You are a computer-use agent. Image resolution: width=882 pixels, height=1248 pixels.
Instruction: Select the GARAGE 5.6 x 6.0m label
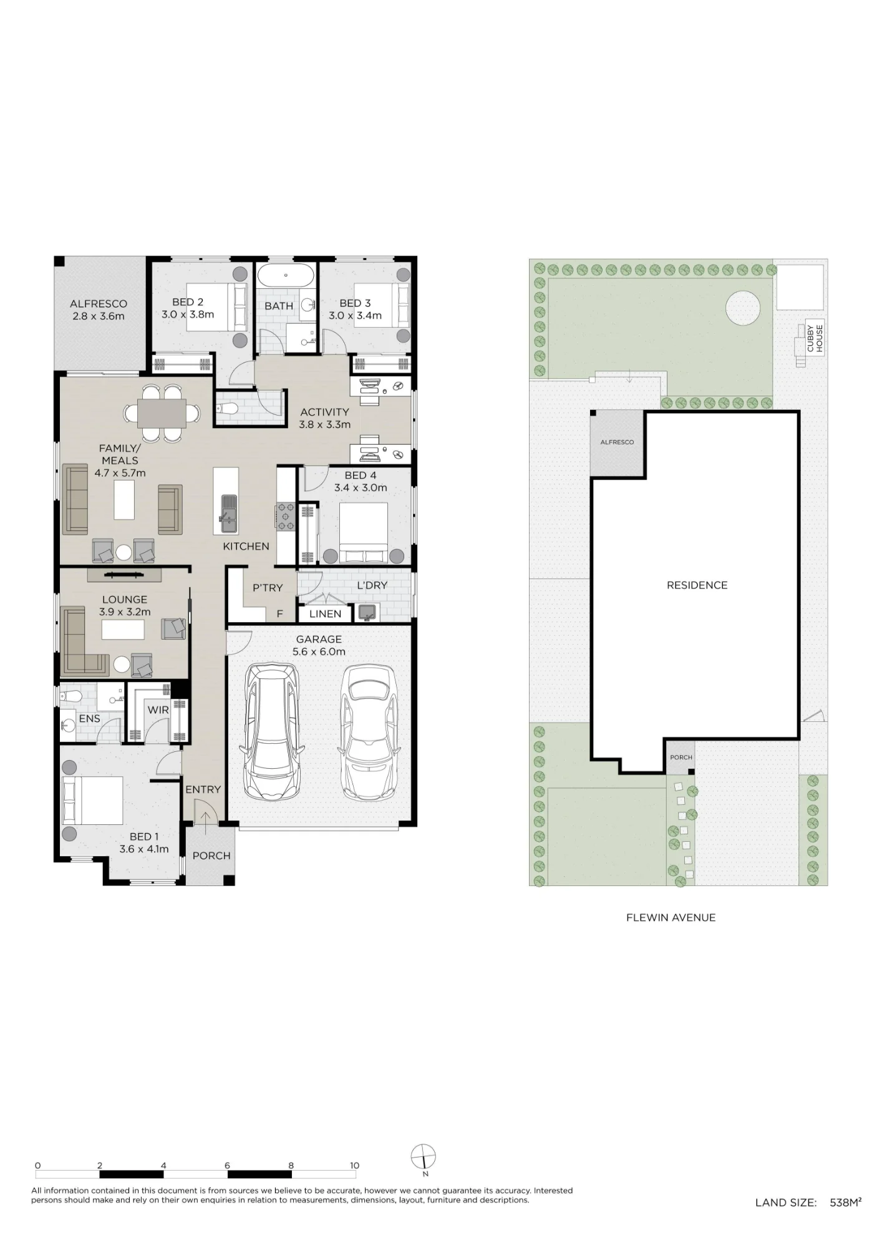(319, 645)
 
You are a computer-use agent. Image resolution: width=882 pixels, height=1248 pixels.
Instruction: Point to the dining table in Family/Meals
(162, 412)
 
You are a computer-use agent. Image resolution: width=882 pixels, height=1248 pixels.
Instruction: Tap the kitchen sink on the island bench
(228, 514)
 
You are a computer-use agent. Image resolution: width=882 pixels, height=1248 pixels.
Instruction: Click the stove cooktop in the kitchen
(286, 517)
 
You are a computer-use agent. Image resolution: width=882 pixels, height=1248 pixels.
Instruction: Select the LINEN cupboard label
(325, 614)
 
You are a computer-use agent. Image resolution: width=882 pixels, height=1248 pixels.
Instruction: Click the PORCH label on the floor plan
(211, 856)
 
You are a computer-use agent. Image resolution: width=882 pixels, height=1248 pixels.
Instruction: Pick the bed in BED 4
(363, 534)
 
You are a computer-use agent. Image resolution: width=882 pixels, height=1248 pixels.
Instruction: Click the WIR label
(158, 710)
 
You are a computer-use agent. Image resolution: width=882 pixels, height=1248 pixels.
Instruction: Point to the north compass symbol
(424, 1156)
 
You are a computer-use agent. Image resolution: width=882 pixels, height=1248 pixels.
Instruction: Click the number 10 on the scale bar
(354, 1165)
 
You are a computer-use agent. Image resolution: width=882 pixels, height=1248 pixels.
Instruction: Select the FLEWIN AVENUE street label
(671, 917)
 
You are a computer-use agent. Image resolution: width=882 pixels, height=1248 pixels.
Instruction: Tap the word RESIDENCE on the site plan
(697, 585)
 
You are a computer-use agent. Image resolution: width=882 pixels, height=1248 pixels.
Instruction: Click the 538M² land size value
(846, 1202)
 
